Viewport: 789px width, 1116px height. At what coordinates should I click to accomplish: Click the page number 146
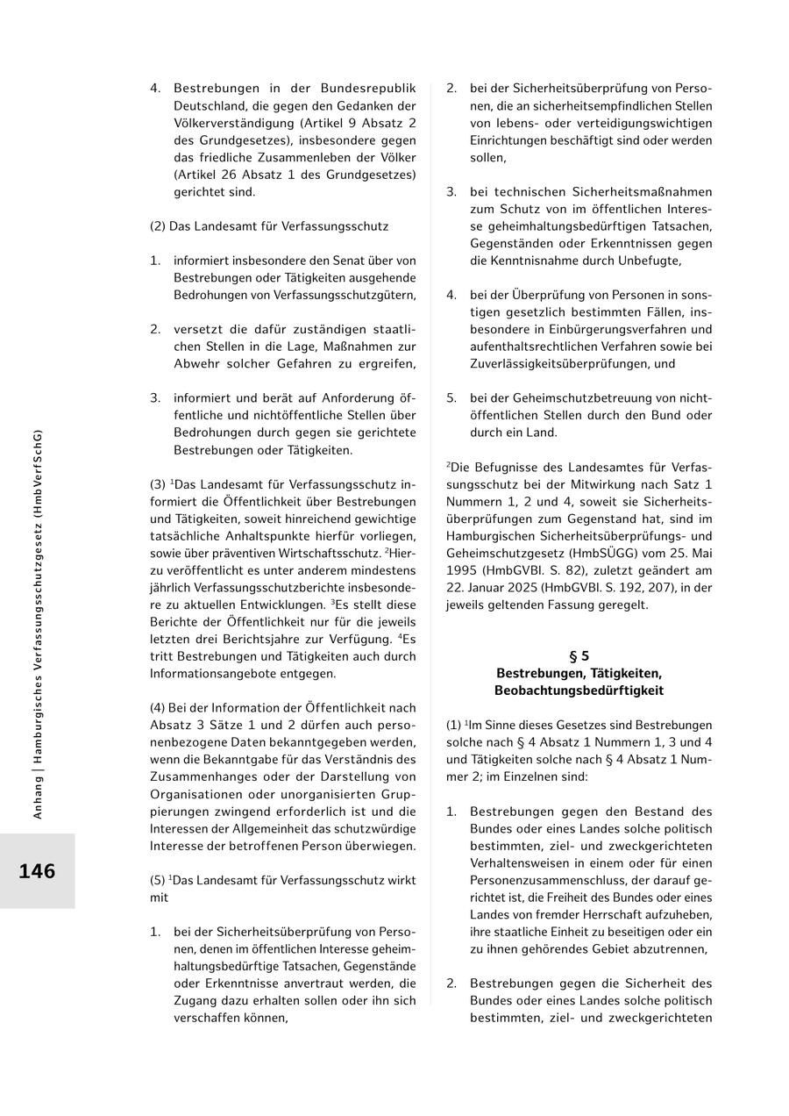[x=37, y=871]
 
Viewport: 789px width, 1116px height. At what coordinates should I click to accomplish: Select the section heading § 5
[x=579, y=655]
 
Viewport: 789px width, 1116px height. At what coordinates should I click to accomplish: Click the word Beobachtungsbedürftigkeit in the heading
[x=579, y=690]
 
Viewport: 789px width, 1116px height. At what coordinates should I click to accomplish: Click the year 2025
[x=531, y=588]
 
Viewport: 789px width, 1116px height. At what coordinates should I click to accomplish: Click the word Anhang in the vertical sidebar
[x=38, y=798]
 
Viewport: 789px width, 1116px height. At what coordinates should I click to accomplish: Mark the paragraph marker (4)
[x=160, y=708]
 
